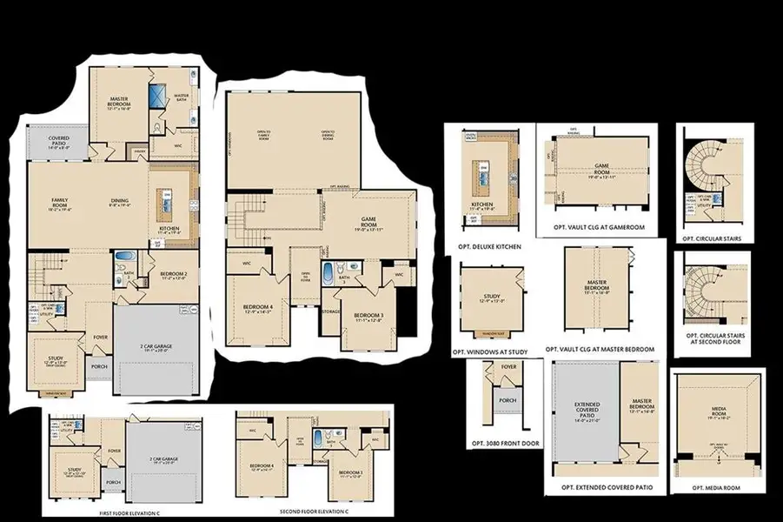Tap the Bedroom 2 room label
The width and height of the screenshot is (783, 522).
[x=174, y=276]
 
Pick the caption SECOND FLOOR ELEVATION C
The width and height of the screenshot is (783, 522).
[x=315, y=510]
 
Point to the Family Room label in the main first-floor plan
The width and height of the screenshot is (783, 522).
[x=60, y=203]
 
